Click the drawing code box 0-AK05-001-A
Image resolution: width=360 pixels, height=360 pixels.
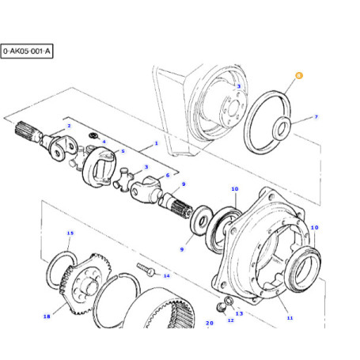click(x=27, y=51)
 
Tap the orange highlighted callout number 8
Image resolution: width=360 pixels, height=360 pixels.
click(x=299, y=76)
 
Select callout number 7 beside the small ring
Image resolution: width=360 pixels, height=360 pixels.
click(x=316, y=116)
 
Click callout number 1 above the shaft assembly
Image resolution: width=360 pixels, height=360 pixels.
click(x=157, y=143)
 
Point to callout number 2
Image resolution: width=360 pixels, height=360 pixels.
click(x=69, y=126)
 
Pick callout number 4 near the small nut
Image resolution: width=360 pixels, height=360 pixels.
click(x=104, y=142)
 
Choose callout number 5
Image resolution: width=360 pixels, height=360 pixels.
click(x=123, y=151)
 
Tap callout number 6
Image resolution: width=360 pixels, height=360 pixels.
click(x=168, y=175)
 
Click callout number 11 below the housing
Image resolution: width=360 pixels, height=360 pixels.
click(x=290, y=318)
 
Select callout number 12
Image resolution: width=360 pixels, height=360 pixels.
click(x=231, y=320)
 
